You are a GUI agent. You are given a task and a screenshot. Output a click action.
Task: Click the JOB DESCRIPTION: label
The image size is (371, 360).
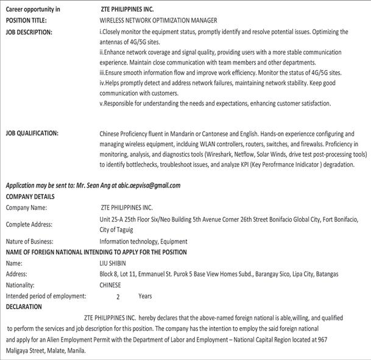tap(29, 31)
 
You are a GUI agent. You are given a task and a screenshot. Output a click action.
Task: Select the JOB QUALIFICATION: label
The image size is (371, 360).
tap(32, 133)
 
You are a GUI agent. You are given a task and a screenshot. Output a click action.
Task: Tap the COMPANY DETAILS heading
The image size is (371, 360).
tap(30, 197)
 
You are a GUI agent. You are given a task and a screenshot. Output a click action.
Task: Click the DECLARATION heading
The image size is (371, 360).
tap(24, 306)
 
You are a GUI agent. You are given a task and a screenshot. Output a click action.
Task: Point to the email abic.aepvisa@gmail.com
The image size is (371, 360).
tap(150, 186)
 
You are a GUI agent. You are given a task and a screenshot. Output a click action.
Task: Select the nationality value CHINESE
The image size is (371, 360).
tap(110, 284)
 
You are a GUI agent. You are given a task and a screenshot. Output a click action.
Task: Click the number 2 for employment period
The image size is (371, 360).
tap(118, 296)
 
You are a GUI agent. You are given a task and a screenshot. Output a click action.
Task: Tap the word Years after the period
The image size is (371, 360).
tap(145, 296)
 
